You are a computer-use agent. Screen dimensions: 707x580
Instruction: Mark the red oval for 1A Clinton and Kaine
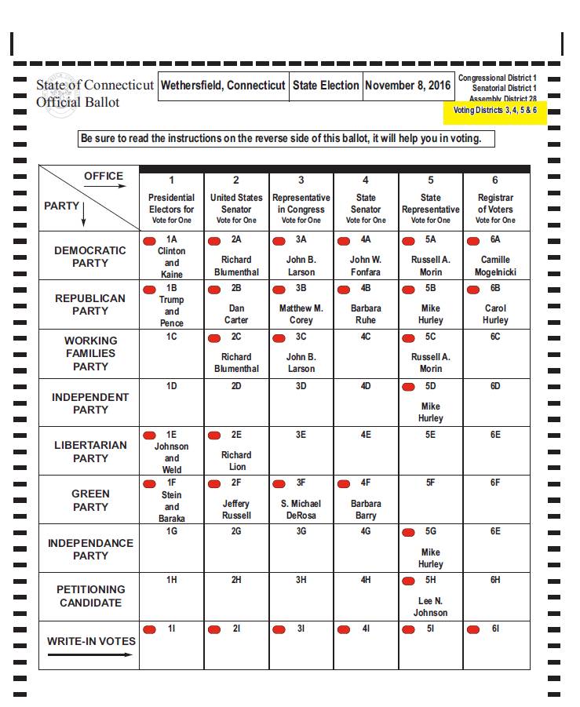tap(149, 239)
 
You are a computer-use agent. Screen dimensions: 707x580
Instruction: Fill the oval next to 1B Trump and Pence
tap(149, 289)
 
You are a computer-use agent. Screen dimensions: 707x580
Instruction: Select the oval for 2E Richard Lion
tap(213, 435)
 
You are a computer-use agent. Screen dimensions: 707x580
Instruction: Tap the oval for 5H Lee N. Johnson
tap(408, 581)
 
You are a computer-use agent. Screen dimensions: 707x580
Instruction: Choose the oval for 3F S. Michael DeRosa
tap(279, 483)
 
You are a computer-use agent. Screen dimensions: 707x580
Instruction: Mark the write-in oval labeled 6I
tap(472, 629)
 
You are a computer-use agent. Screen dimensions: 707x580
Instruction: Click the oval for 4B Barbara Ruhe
tap(343, 289)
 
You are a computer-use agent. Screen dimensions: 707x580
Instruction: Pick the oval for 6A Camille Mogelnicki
tap(472, 240)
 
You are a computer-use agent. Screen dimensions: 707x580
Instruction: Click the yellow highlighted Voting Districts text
tap(494, 110)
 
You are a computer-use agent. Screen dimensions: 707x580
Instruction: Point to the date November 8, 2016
tap(408, 86)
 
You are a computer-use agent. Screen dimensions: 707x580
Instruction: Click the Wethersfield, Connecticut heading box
tap(223, 86)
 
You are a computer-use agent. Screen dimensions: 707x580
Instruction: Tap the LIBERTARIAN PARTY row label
tap(90, 451)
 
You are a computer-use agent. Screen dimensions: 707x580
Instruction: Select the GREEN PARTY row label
tap(90, 500)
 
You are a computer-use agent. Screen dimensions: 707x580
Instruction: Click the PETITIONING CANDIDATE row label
tap(90, 596)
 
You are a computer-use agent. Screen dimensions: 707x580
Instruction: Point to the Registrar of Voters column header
tap(495, 209)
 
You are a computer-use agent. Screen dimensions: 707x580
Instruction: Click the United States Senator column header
tap(236, 209)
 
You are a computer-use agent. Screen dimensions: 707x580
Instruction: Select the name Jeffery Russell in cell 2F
tap(236, 509)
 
